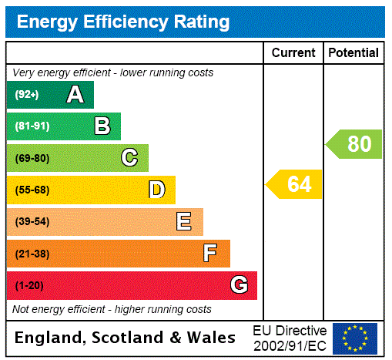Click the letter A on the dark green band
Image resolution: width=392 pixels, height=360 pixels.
point(75,95)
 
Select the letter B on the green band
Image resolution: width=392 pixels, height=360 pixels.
point(102,126)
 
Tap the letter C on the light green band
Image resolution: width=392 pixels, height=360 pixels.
point(129,158)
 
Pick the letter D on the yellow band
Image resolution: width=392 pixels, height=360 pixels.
point(156,190)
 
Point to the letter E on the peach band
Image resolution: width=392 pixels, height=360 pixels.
point(184,222)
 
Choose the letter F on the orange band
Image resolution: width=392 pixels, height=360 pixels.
point(210,254)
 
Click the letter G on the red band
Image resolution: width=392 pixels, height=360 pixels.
point(239,285)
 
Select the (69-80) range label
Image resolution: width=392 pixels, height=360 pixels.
point(32,159)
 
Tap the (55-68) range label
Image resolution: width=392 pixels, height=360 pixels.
point(32,190)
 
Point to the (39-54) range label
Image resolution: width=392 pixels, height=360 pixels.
point(32,222)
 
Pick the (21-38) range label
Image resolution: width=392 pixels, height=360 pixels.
point(32,254)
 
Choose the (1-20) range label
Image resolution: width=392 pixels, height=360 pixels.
point(29,286)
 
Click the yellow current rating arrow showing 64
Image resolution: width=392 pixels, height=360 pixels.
point(295,185)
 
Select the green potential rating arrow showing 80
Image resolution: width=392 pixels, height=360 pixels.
point(355,144)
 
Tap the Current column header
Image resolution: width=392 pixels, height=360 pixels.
point(293,53)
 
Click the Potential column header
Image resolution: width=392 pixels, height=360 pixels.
point(353,53)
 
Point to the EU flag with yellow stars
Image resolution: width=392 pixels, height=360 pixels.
point(355,338)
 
